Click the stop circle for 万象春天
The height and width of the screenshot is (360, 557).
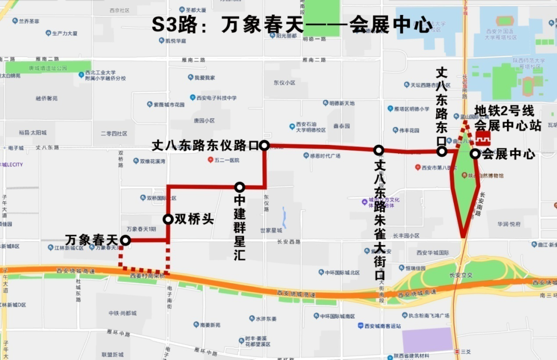tap(125, 240)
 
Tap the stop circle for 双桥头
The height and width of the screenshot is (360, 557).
tap(168, 219)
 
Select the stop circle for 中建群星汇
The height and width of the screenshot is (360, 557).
tap(239, 187)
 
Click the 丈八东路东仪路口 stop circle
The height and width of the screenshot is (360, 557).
tap(264, 145)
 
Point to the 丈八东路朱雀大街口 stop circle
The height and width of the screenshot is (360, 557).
tap(379, 150)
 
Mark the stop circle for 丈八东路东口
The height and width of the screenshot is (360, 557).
tap(442, 152)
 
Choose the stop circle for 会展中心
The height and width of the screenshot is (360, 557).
tap(474, 154)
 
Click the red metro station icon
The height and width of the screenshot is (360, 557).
tap(483, 139)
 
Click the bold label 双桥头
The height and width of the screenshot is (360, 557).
tap(194, 219)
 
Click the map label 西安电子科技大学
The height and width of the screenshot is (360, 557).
tap(216, 97)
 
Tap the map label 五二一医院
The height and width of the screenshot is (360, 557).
tap(226, 160)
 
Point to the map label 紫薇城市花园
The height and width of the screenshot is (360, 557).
tap(169, 104)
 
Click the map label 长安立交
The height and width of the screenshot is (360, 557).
tap(461, 275)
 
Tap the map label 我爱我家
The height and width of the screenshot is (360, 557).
tap(204, 77)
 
